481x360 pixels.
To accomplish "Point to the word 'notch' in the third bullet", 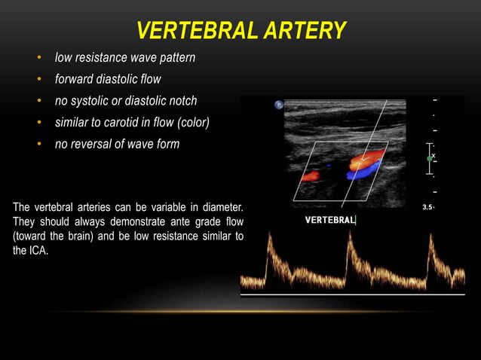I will tap(181, 101).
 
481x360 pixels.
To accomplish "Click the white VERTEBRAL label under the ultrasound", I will tap(329, 220).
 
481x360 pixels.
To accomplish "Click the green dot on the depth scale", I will tap(430, 159).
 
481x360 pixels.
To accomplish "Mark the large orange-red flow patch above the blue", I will tap(368, 159).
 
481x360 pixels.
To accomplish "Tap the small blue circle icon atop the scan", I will tap(279, 105).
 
